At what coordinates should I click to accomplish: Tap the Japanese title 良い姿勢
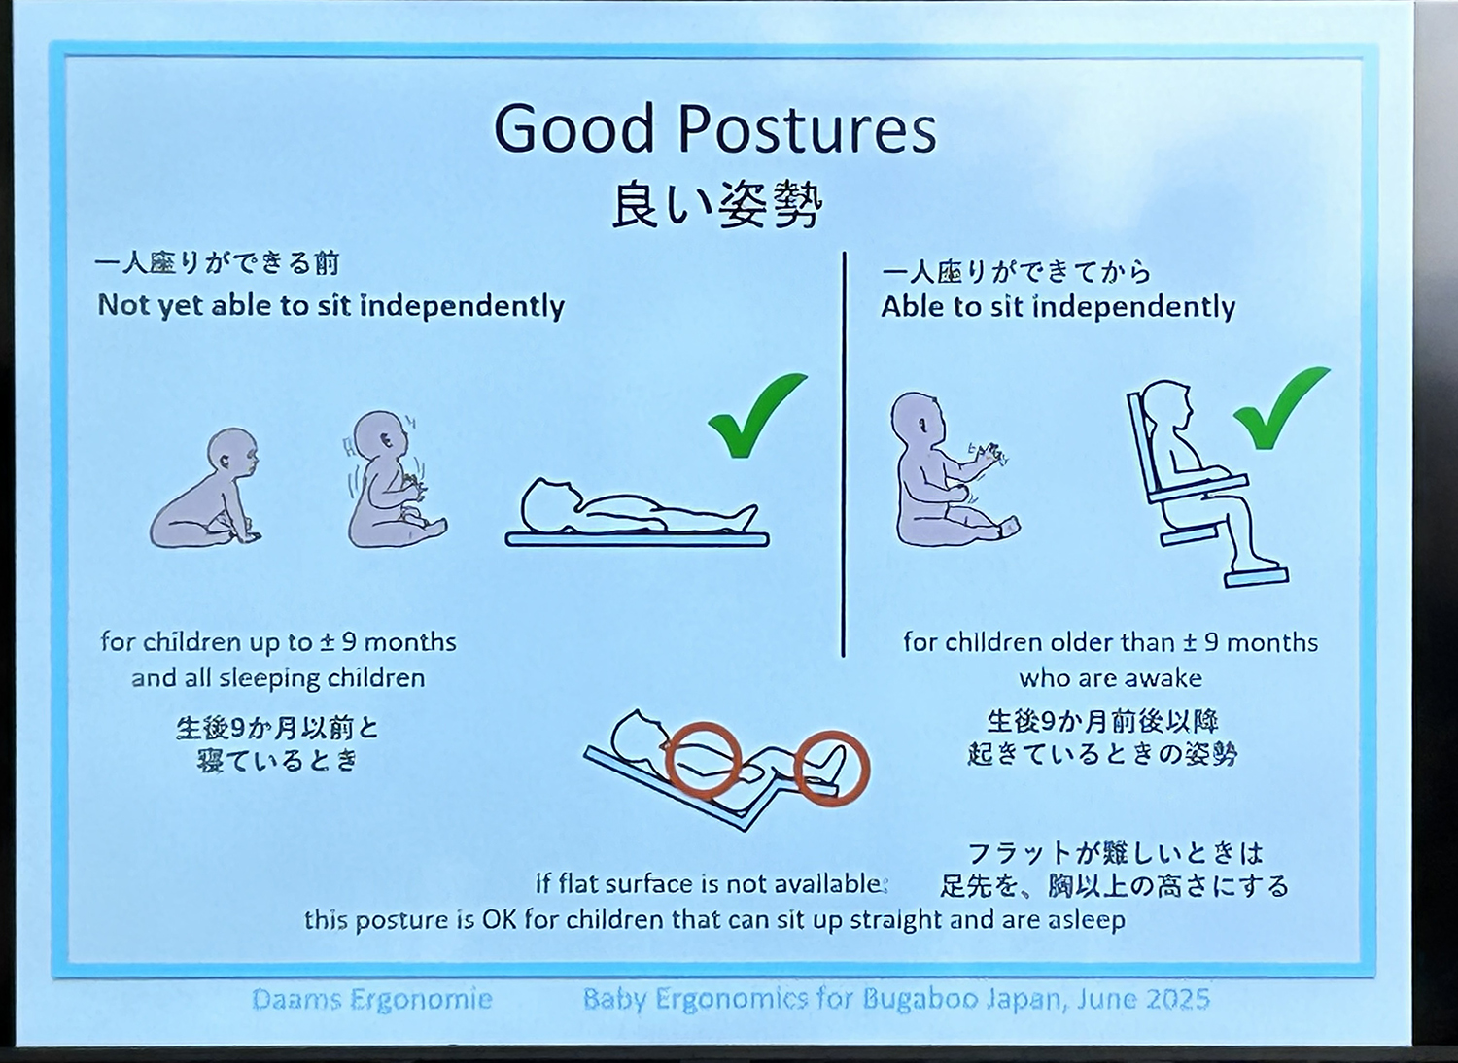click(716, 206)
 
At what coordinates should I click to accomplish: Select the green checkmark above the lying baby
click(757, 415)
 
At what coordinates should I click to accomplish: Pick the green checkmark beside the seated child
click(1281, 407)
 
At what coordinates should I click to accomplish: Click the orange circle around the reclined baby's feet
click(832, 770)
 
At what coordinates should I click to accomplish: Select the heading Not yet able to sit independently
click(330, 306)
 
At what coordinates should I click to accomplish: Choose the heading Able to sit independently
click(1058, 307)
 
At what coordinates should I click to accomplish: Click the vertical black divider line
click(844, 454)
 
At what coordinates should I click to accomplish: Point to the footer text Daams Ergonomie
click(371, 999)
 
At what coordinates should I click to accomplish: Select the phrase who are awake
click(1110, 678)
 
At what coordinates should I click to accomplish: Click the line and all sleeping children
click(278, 678)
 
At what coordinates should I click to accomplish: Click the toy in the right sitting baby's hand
click(989, 451)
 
